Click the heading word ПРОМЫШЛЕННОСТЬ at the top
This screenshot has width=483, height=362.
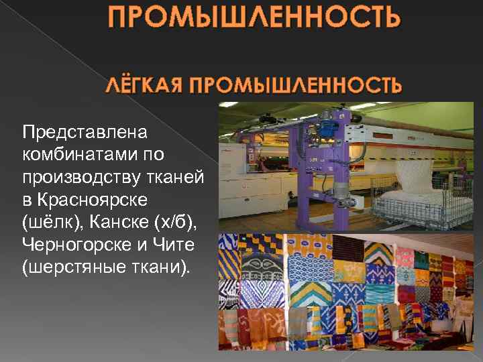[x=255, y=17]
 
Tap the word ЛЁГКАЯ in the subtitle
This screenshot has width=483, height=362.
[x=142, y=85]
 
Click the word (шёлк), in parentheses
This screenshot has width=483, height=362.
[x=50, y=224]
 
